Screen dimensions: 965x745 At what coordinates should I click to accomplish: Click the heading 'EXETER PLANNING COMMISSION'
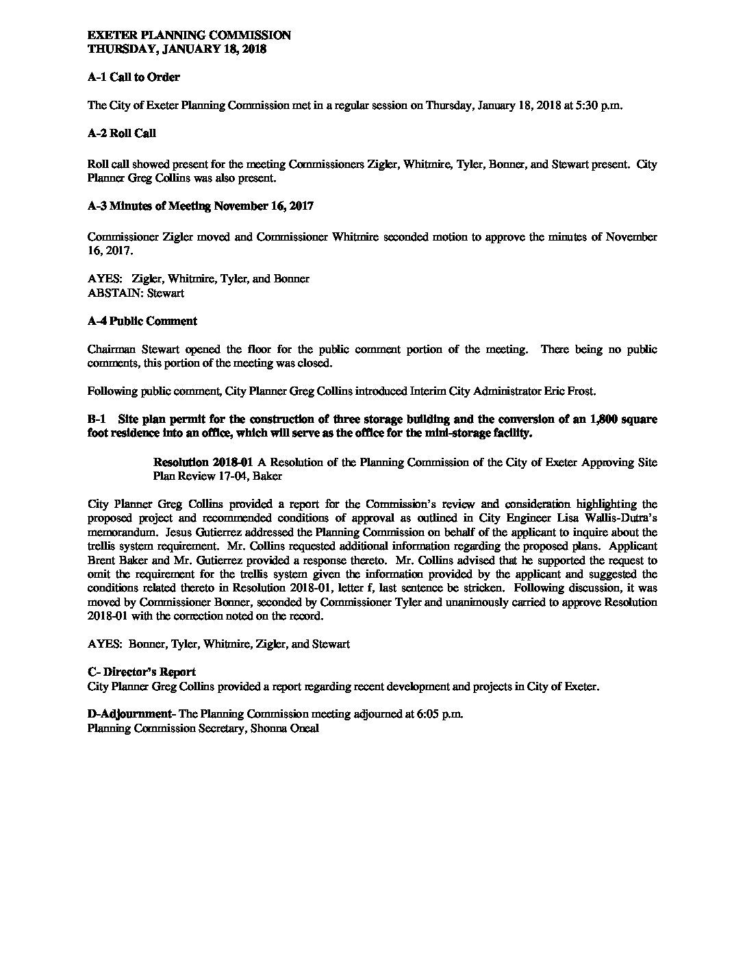[x=189, y=36]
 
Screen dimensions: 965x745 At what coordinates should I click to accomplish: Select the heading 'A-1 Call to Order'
[x=134, y=77]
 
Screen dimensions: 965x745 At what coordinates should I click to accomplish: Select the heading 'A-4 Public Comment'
[x=142, y=321]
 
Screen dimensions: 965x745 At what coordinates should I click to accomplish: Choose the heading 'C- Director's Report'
[x=142, y=672]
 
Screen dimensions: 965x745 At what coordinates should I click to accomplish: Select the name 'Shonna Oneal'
[x=287, y=729]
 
